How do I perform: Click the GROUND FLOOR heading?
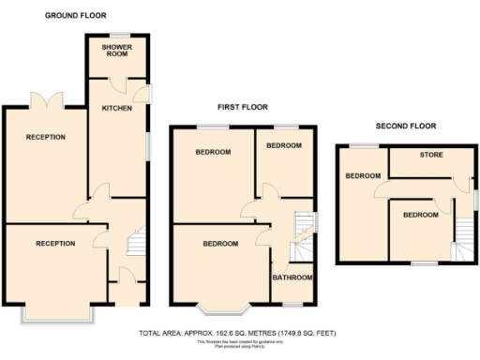click(76, 16)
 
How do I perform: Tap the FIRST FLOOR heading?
click(244, 108)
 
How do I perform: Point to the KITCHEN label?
click(117, 109)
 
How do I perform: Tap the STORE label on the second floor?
click(430, 155)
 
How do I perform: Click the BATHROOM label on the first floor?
click(292, 277)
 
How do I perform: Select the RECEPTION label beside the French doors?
click(45, 137)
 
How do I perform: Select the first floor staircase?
click(303, 226)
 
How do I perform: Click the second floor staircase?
click(463, 239)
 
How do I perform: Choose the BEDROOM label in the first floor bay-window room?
click(220, 244)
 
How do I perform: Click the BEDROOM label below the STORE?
click(420, 215)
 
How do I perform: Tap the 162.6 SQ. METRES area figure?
click(214, 333)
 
